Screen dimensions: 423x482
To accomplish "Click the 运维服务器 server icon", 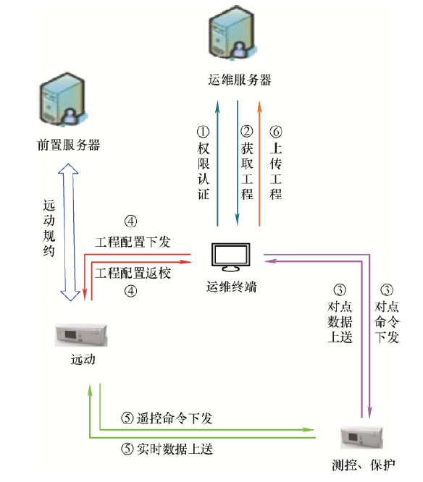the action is [x=233, y=33].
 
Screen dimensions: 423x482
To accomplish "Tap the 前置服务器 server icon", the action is [x=62, y=99].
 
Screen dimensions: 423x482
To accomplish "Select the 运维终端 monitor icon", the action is [x=231, y=258].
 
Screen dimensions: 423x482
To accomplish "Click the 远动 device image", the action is [x=81, y=335].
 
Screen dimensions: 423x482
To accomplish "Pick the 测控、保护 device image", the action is [x=361, y=437].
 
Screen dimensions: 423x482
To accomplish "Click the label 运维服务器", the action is [x=239, y=80].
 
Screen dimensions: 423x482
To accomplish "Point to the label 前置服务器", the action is [x=68, y=145].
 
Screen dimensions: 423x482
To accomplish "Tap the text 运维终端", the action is [x=231, y=287].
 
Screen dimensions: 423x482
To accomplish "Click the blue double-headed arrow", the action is [x=69, y=232].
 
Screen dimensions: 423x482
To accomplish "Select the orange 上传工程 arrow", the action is [x=259, y=164].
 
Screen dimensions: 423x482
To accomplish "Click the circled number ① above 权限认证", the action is [x=203, y=132].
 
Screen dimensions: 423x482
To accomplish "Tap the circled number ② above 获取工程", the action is [x=247, y=132].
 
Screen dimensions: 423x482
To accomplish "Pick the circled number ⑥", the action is [x=276, y=132].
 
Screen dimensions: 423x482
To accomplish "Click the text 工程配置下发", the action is [x=133, y=242].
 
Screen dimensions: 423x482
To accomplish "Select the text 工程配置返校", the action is [x=133, y=273].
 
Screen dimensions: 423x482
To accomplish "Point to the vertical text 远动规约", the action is [x=49, y=228].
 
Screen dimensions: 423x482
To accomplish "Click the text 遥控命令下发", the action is [x=175, y=418].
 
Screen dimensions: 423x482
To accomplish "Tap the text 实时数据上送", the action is [x=175, y=449].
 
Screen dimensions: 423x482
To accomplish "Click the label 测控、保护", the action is [x=364, y=465].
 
